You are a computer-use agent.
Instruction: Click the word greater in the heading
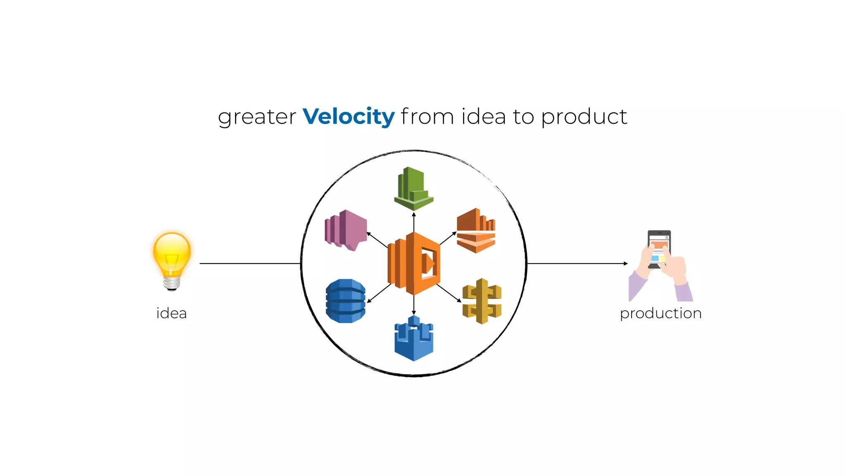(257, 117)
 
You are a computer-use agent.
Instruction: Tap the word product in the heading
(584, 117)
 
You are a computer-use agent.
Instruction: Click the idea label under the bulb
(171, 313)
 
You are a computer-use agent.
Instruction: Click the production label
(661, 313)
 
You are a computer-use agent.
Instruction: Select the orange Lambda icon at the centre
(414, 263)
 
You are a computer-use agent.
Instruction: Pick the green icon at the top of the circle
(413, 188)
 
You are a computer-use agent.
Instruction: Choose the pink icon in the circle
(346, 230)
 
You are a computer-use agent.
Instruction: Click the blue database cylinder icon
(346, 301)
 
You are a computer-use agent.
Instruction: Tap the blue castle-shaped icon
(413, 338)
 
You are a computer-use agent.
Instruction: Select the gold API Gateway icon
(482, 301)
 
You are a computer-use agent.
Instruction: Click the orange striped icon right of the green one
(476, 230)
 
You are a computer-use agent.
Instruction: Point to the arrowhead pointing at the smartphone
(625, 263)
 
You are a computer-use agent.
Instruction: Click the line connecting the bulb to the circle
(250, 263)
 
